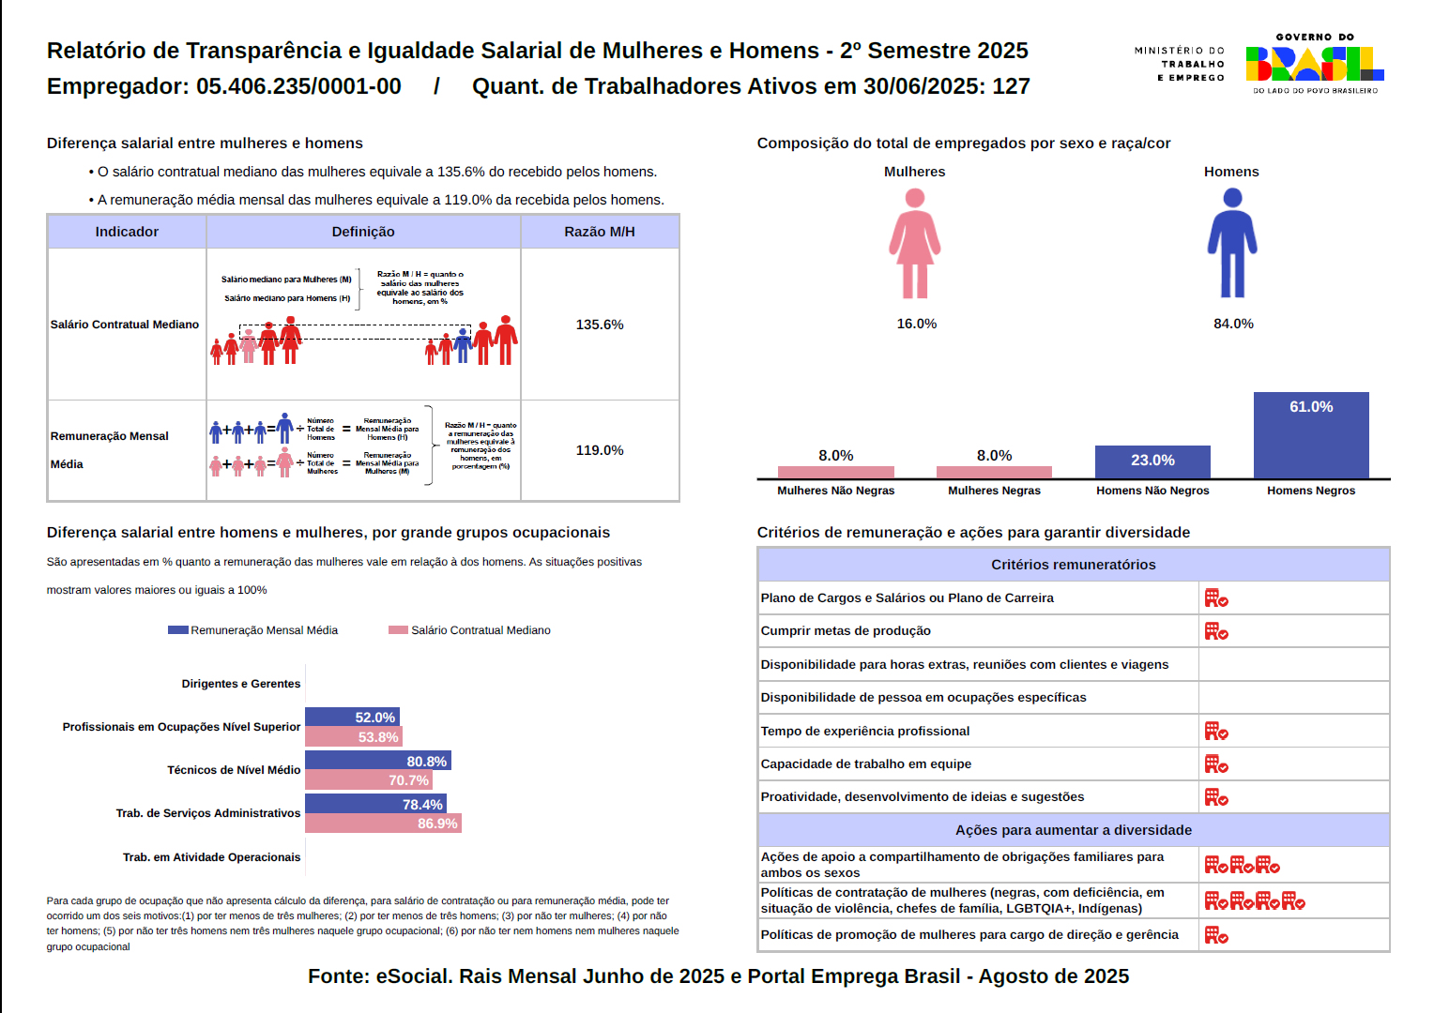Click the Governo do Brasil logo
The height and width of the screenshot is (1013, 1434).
tap(1314, 63)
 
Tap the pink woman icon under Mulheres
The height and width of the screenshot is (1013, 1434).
tap(915, 244)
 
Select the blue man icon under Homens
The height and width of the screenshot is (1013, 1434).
tap(1232, 244)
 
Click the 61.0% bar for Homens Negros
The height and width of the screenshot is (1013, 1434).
tap(1311, 435)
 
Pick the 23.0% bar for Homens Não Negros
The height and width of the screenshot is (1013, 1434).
tap(1152, 461)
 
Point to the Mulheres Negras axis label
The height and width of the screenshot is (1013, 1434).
tap(994, 491)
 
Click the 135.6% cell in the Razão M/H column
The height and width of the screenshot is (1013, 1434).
tap(600, 325)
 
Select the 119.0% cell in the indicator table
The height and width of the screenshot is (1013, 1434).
tap(600, 450)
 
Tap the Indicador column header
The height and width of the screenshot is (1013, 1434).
tap(127, 232)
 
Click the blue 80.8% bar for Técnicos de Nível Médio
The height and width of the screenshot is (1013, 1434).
tap(377, 761)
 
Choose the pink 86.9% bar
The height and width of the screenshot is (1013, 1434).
tap(383, 824)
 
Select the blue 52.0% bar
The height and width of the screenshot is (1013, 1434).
tap(352, 717)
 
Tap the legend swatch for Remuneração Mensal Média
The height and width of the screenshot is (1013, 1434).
tap(177, 630)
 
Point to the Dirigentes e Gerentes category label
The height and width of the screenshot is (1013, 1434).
tap(241, 684)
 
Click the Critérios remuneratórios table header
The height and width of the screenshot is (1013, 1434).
tap(1073, 565)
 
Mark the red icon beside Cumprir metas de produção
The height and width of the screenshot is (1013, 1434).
tap(1216, 631)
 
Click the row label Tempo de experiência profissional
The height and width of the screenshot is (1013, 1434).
tap(864, 731)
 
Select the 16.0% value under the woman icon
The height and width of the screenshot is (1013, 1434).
tap(916, 324)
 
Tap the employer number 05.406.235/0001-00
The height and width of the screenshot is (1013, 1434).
tap(298, 86)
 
